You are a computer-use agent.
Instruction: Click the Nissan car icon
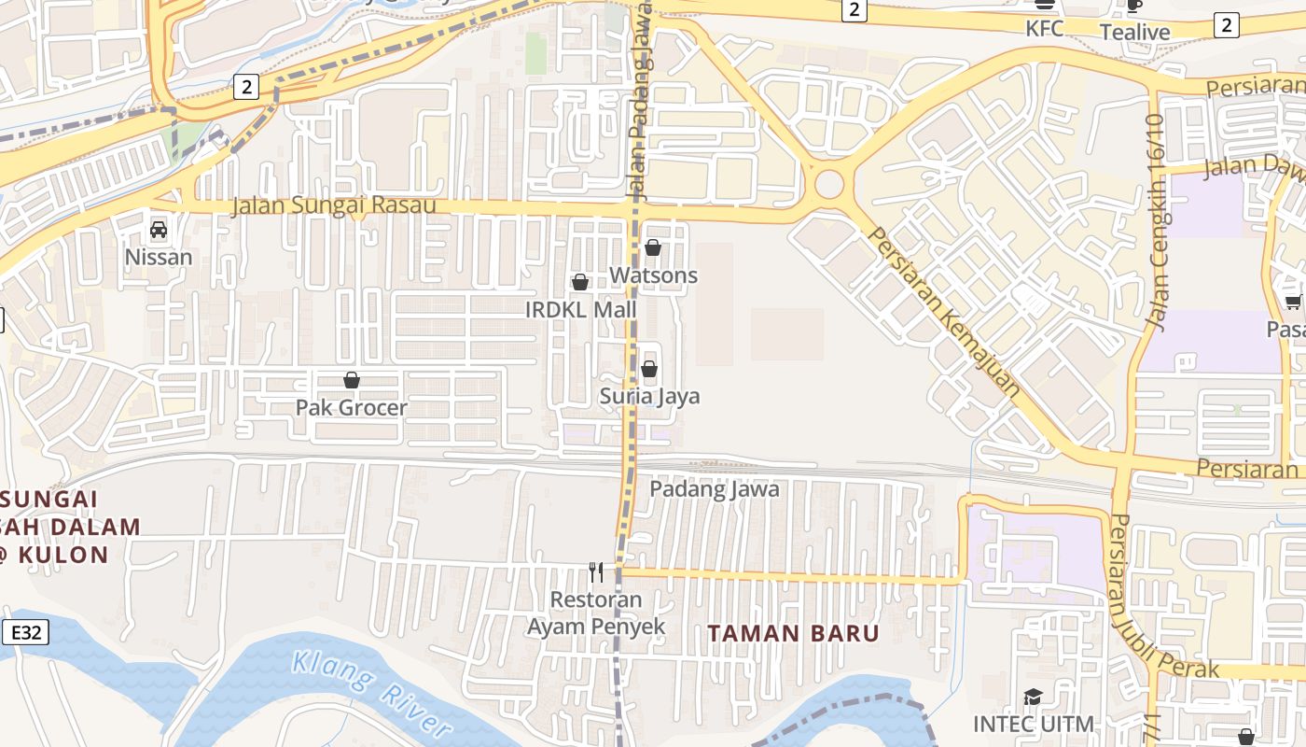pos(159,230)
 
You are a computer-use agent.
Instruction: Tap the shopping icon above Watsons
pos(653,248)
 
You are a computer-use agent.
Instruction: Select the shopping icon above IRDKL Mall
pos(580,282)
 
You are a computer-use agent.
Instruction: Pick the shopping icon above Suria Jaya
pos(649,369)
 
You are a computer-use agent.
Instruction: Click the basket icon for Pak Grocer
pos(352,380)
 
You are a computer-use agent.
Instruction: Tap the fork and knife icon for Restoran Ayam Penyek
pos(595,571)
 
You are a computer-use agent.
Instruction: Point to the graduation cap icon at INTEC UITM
pos(1033,698)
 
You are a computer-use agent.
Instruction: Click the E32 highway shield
pos(25,633)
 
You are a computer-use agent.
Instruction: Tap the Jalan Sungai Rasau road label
pos(334,205)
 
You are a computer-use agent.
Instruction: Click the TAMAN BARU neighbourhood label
pos(793,633)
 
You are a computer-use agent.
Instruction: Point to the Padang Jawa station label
pos(715,489)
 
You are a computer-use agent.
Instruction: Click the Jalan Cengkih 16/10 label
pos(1157,222)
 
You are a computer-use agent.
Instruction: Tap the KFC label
pos(1045,29)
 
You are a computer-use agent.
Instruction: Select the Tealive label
pos(1134,33)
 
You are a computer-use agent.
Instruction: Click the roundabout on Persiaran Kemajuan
pos(829,184)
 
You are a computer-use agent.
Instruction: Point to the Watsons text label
pos(654,275)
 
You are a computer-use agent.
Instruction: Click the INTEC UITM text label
pos(1034,724)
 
